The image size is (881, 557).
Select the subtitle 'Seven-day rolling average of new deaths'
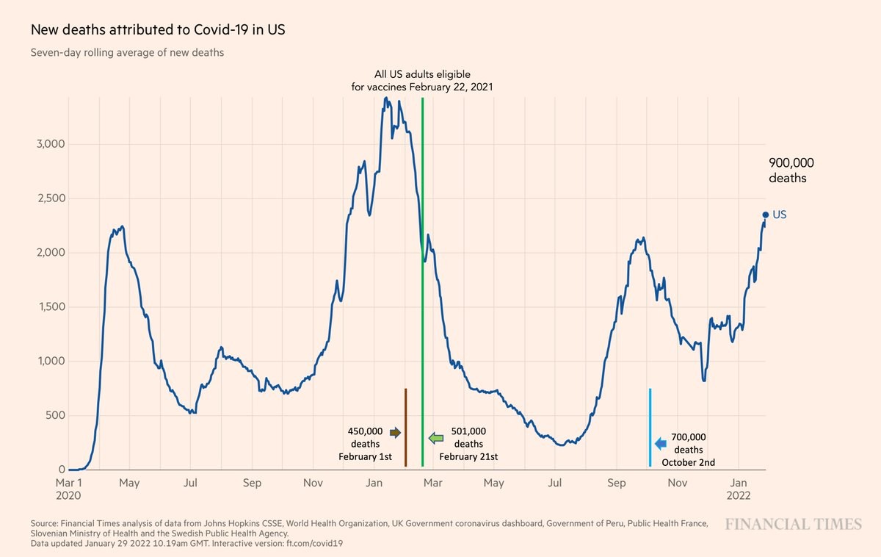click(127, 53)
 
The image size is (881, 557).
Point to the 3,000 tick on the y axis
click(51, 144)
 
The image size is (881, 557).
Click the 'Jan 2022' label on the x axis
click(739, 489)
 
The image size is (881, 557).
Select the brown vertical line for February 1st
click(405, 426)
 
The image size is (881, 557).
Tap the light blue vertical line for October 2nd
click(650, 426)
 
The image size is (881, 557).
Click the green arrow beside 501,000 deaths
click(436, 438)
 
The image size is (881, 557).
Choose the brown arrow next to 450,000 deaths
click(395, 433)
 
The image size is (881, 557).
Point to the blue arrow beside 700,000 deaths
click(660, 443)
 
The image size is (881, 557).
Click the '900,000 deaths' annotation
click(791, 170)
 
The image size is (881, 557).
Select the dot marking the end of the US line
click(765, 215)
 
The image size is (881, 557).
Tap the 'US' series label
click(780, 215)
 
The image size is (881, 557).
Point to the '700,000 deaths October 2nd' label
click(688, 450)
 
